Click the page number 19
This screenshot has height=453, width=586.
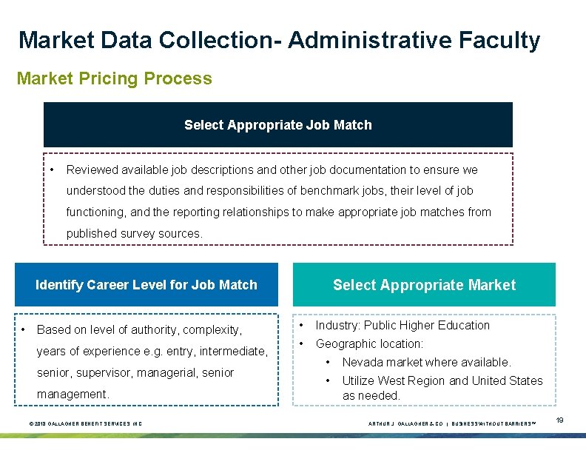[560, 420]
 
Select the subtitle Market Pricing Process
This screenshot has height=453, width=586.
[114, 78]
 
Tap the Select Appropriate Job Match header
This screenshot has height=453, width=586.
[277, 125]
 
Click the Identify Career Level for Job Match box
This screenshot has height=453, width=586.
[146, 285]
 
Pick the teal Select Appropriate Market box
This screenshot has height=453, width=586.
[424, 285]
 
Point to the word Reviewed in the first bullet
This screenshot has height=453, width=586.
[90, 170]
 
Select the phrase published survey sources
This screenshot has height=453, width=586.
[134, 233]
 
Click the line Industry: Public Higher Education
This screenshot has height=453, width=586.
[403, 325]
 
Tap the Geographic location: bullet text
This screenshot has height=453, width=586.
[369, 343]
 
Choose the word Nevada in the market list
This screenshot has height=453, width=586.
[362, 362]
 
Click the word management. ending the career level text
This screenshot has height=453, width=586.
[73, 394]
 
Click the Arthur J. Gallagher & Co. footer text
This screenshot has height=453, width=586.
[405, 423]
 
